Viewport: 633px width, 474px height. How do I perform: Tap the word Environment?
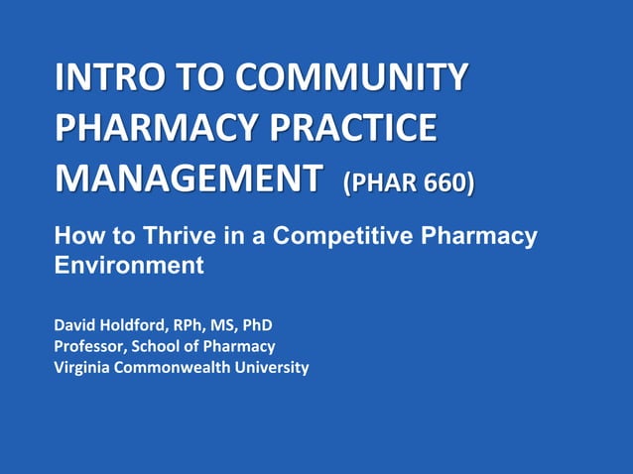[x=129, y=265]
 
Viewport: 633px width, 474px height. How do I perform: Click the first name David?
[x=75, y=324]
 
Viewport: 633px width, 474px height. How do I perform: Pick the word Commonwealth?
[x=181, y=368]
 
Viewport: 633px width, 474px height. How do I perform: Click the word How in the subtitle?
[x=75, y=236]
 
